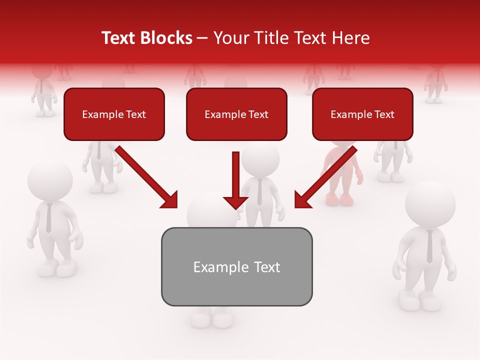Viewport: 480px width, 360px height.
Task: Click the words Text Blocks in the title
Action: click(146, 38)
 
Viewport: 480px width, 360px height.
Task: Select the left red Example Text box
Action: click(114, 114)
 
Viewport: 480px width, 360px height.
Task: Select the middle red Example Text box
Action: click(236, 114)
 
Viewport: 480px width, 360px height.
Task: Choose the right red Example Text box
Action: click(362, 114)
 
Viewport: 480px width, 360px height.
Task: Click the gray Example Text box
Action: click(236, 267)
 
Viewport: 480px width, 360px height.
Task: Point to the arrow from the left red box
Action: click(147, 178)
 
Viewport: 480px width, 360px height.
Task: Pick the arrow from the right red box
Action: click(324, 178)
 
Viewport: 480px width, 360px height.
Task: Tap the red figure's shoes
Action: click(339, 200)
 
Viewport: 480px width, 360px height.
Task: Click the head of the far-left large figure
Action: click(49, 180)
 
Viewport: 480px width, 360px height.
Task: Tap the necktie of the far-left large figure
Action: click(48, 218)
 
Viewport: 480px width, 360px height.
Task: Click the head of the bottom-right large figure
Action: click(430, 204)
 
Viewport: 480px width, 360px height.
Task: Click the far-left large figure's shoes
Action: click(55, 269)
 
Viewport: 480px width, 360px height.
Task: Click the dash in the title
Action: click(202, 38)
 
